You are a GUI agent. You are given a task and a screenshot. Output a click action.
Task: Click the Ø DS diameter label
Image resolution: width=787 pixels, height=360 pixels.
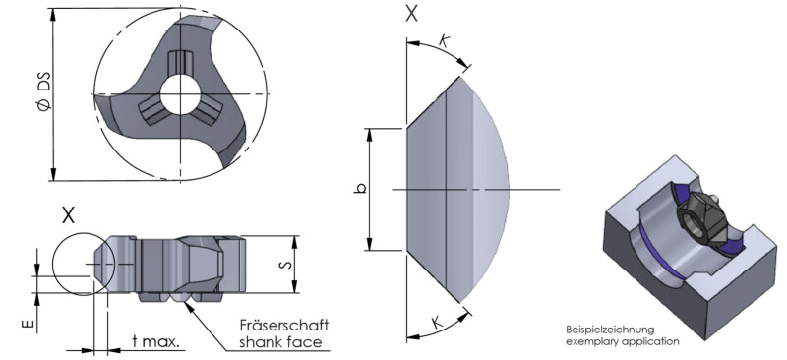click(44, 90)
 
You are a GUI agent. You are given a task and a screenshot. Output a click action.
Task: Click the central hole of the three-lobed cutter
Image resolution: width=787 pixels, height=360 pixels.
click(180, 93)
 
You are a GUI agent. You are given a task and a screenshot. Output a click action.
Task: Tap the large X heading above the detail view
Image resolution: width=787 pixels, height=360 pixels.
click(411, 14)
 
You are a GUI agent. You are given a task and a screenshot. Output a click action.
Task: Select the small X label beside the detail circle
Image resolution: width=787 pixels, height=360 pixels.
click(68, 215)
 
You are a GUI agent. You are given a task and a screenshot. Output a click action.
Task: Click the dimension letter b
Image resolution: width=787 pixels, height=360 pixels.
click(360, 189)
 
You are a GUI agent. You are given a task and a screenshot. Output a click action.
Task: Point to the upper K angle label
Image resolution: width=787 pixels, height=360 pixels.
click(444, 41)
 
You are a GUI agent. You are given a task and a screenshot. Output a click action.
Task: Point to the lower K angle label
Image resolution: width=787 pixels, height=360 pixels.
click(437, 322)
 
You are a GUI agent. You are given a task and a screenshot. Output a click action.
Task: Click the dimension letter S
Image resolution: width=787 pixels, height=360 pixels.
click(284, 265)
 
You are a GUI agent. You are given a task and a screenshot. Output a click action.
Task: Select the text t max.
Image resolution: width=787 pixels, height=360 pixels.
click(155, 342)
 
